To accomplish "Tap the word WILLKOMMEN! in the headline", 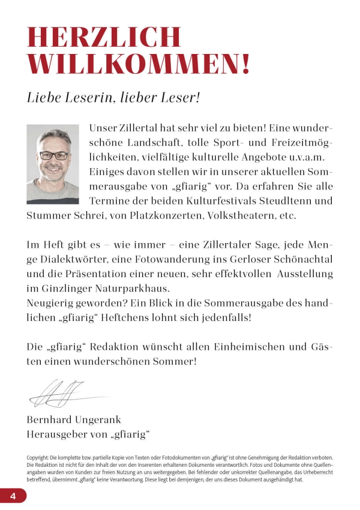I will pyautogui.click(x=138, y=64).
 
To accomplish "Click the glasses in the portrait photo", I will pyautogui.click(x=53, y=155).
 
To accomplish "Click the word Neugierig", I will pyautogui.click(x=50, y=302).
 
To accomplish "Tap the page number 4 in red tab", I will pyautogui.click(x=12, y=496).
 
